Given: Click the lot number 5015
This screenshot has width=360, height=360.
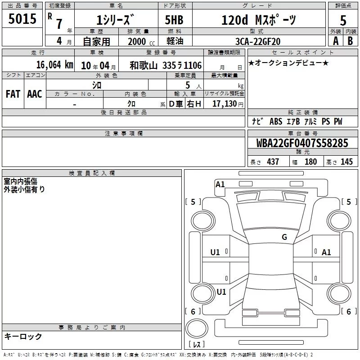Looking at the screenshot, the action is (x=22, y=18).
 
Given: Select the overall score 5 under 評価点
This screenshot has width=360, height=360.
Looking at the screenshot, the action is (x=343, y=20).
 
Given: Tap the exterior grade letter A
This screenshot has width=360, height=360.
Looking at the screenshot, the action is (x=336, y=41).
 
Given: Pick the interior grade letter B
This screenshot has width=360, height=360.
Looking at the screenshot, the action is (x=350, y=41).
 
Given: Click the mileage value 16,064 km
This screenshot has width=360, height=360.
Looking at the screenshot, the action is (x=54, y=65).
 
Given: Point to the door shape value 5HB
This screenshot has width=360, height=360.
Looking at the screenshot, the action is (x=174, y=20).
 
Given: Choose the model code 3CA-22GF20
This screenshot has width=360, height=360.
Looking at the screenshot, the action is (x=258, y=41).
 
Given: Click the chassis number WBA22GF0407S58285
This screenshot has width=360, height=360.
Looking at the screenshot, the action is (x=302, y=143).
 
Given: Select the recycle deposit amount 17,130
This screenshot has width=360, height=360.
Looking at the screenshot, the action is (x=224, y=104).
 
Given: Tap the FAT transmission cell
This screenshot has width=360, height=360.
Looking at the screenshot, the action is (x=13, y=94).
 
